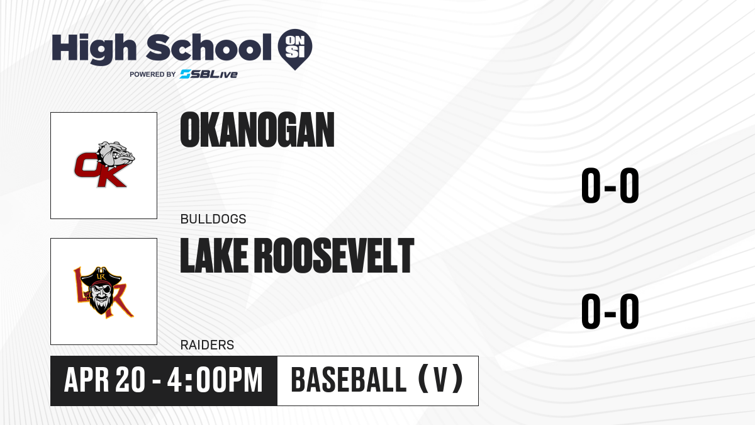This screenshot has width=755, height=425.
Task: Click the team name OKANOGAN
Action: (x=257, y=130)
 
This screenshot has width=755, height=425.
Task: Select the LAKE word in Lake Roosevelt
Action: (x=214, y=256)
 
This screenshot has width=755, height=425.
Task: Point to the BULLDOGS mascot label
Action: (x=213, y=219)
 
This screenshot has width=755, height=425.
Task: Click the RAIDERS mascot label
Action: (x=207, y=345)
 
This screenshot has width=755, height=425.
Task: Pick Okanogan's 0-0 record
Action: (x=610, y=186)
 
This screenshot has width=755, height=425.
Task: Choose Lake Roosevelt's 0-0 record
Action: (x=610, y=311)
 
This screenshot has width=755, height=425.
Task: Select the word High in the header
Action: (x=94, y=48)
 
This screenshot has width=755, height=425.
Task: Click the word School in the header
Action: (x=209, y=47)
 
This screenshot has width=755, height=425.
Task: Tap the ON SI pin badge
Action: (x=295, y=49)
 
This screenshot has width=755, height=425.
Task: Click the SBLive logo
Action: (x=208, y=74)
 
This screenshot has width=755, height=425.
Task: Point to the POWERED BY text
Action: (x=153, y=74)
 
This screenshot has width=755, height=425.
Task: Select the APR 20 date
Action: (x=105, y=380)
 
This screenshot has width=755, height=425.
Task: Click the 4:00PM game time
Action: (x=215, y=380)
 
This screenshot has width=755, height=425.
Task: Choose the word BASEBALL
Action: (x=349, y=380)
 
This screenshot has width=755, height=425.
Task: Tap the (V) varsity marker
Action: (x=440, y=379)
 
